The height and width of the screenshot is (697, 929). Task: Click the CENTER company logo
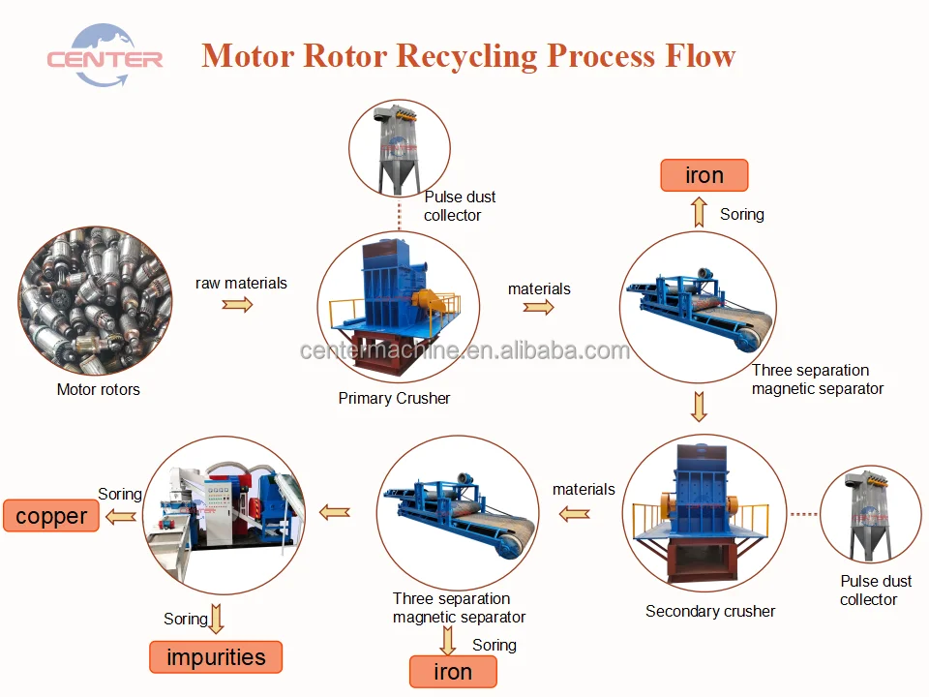pos(105,56)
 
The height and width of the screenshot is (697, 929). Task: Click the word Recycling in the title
pos(466,57)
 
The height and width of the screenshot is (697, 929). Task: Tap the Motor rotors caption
pos(99,389)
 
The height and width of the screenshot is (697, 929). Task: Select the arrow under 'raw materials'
pos(237,305)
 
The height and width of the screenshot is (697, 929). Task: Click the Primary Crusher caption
pos(394,398)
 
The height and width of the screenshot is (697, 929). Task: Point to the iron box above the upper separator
pos(704,175)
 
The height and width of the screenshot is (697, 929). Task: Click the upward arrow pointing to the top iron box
pos(699,212)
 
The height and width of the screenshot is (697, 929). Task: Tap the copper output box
pos(51,516)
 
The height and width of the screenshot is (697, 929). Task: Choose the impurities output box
pos(216,656)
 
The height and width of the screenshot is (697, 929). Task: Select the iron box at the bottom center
pos(453,672)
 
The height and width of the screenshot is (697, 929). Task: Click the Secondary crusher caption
pos(710,611)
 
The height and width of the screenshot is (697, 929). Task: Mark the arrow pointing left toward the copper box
pos(121,517)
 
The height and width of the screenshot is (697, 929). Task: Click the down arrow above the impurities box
pos(217,619)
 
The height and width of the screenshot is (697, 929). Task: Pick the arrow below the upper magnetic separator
pos(699,407)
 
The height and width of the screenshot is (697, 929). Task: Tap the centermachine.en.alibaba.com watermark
pos(464,350)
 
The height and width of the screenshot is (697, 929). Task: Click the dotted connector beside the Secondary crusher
pos(804,514)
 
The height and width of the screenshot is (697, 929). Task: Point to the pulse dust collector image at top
pos(400,148)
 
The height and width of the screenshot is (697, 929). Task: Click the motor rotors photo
pos(96,300)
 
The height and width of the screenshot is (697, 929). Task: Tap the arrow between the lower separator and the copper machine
pos(335,512)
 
